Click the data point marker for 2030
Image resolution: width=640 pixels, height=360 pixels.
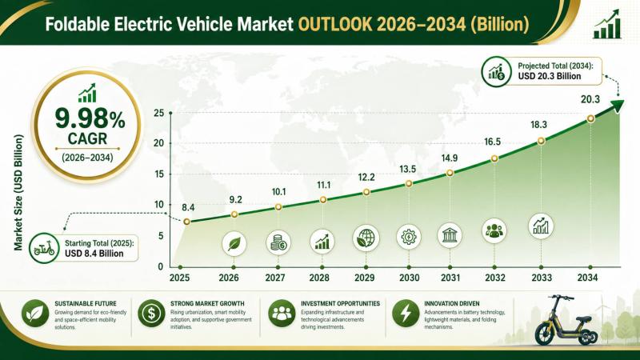409,184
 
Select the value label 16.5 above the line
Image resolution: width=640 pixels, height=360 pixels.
492,142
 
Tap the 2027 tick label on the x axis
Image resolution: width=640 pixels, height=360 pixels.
275,278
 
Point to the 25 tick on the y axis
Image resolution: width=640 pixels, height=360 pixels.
158,113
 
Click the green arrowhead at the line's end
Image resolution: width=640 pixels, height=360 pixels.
617,106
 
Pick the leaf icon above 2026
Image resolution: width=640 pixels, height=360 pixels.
234,244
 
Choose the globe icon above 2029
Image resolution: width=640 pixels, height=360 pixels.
366,238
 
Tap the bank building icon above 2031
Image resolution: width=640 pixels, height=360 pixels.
450,235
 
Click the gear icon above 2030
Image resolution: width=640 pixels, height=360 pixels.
409,237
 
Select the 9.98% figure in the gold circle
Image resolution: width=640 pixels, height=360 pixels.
90,118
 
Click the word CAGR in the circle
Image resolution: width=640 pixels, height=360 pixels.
87,138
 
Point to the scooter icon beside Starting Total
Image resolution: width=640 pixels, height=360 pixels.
44,248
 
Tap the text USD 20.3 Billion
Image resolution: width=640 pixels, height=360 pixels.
550,76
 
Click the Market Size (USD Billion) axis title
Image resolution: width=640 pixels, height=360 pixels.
18,192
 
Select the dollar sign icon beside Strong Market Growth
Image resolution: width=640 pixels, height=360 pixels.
151,314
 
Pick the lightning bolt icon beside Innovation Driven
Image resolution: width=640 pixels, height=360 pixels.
406,314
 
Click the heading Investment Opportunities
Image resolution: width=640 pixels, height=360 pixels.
341,304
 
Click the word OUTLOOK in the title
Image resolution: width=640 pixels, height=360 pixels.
335,25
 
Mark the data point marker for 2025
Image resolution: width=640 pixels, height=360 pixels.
186,222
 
